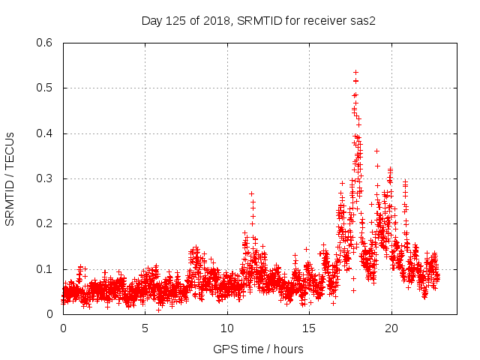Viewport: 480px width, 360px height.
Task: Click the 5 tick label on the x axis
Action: tap(145, 328)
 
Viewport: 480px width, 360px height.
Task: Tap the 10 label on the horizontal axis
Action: tap(227, 328)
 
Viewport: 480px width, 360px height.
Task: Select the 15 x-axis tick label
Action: tap(309, 328)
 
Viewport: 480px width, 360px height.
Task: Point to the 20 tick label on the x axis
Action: tap(391, 328)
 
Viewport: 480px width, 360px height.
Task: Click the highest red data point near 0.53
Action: tap(355, 72)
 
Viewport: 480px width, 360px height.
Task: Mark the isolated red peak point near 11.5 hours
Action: tap(251, 193)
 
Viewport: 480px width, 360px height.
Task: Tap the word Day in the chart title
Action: tap(152, 20)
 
